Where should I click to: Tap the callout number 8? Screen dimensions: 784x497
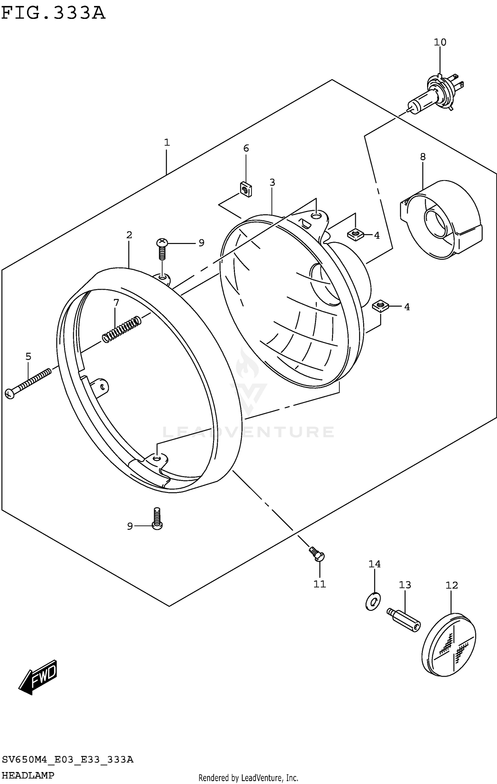click(x=423, y=157)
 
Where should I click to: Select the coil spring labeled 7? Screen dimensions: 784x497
click(x=121, y=329)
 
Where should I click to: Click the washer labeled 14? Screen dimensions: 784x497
click(x=373, y=601)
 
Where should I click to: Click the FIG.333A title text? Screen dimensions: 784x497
click(x=53, y=13)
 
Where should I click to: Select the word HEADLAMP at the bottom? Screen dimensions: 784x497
click(x=28, y=776)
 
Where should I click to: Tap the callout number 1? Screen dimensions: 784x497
click(x=167, y=143)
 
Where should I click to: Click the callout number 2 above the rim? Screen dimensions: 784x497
click(x=129, y=235)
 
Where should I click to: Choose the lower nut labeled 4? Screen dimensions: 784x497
click(x=380, y=306)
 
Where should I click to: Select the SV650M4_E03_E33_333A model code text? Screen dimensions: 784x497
click(x=68, y=760)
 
